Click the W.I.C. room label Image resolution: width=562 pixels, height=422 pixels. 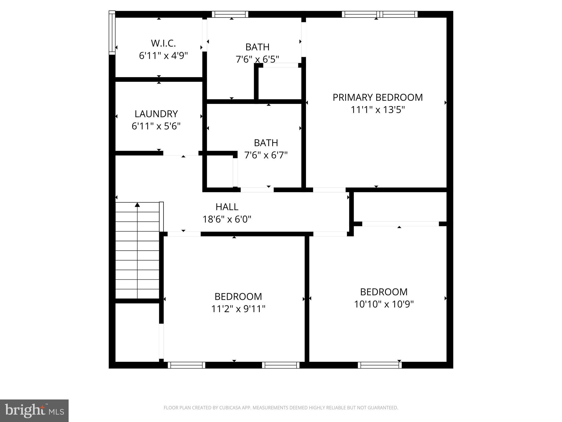click(163, 43)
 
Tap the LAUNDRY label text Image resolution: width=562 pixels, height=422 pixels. click(156, 114)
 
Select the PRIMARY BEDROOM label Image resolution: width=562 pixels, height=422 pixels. click(378, 98)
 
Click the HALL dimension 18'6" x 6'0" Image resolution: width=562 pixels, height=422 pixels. click(227, 219)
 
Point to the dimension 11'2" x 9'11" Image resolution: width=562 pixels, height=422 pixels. click(238, 309)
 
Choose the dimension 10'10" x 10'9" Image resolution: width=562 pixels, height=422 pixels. click(384, 304)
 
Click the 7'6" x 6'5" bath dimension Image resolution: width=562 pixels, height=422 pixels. click(257, 59)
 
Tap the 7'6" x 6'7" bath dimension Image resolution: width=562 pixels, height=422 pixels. click(266, 155)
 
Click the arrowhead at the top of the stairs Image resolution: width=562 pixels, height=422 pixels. click(137, 205)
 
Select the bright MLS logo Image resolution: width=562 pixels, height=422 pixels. click(34, 410)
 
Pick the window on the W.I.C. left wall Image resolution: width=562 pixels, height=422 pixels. click(112, 32)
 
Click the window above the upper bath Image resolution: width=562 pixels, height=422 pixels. click(230, 14)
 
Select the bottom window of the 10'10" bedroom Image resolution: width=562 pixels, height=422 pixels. click(380, 365)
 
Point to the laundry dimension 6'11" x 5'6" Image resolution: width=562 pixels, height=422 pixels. click(156, 126)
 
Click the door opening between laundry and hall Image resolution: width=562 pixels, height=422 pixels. click(181, 153)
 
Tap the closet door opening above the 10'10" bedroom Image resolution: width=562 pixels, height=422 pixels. click(400, 224)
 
